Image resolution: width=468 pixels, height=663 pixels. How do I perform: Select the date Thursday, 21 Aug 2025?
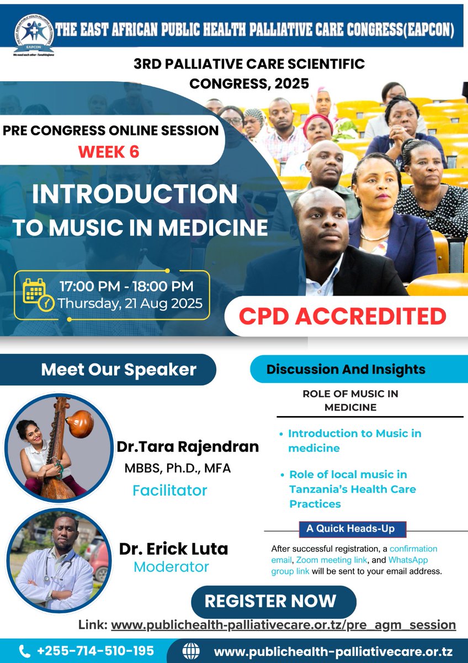point(130,303)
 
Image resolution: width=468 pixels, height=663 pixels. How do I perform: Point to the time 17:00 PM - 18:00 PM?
point(126,286)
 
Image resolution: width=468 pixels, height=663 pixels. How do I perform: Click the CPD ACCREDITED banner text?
point(342,316)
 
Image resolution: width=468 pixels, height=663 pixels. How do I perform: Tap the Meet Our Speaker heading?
point(119,370)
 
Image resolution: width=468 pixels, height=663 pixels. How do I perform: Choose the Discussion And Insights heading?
point(346,370)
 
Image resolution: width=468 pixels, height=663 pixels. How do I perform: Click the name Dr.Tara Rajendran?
point(188,446)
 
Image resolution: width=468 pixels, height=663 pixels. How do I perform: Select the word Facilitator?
point(170,490)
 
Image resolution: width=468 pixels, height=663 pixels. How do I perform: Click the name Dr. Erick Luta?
point(173,549)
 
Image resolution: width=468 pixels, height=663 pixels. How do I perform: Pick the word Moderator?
point(172,567)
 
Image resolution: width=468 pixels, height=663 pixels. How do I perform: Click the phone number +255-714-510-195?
point(95,651)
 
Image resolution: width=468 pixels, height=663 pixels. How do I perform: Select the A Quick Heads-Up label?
point(351,529)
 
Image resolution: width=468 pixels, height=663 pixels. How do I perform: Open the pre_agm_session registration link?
point(283,625)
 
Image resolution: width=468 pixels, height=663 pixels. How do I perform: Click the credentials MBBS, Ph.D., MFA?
point(177,469)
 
